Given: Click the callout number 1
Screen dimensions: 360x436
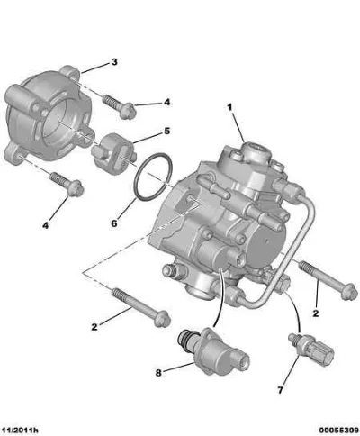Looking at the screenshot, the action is [229, 107].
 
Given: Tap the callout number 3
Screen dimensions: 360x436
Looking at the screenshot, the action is [114, 62].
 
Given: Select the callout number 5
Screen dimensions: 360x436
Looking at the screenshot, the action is [166, 131].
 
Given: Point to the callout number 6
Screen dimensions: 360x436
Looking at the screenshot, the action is [114, 223].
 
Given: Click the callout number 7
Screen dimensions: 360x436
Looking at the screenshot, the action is [281, 390].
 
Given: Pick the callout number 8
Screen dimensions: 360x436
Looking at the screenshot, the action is [158, 373].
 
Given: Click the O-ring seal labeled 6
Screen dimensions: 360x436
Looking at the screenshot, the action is [153, 177].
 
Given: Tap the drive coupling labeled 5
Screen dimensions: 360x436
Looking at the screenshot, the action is [114, 153].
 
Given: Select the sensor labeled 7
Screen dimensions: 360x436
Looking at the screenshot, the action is [311, 350].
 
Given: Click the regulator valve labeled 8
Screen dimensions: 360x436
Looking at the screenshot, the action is [214, 351].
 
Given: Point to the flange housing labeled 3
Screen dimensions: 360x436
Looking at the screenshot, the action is [48, 115].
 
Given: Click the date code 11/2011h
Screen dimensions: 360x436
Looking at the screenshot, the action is [20, 431].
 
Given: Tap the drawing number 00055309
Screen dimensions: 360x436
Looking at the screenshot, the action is [338, 431].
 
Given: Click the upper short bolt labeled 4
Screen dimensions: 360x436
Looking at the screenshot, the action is [120, 107].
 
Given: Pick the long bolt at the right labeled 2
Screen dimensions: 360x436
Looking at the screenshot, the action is [328, 280].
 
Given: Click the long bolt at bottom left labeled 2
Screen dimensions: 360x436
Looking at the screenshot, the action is [141, 307].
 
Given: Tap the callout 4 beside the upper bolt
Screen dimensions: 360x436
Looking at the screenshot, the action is [166, 102].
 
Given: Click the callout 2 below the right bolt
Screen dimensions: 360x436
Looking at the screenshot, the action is [316, 313].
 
